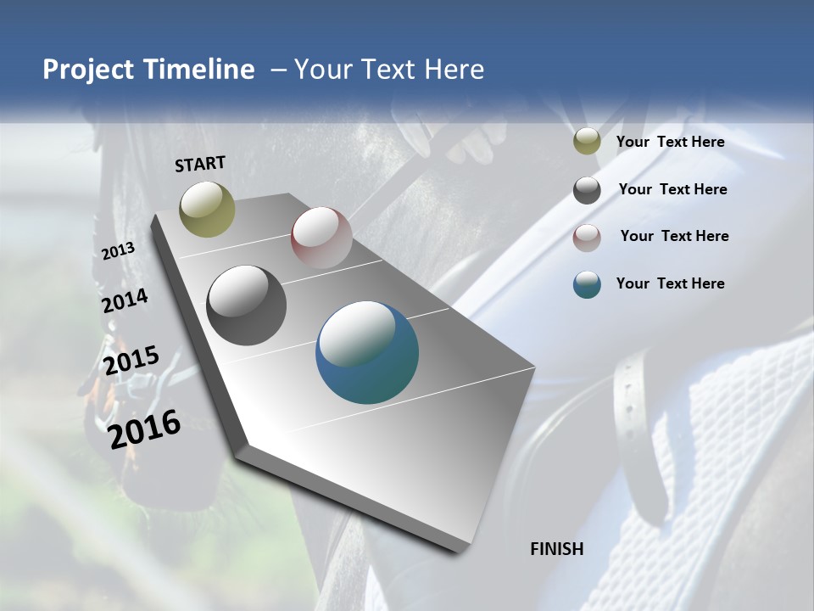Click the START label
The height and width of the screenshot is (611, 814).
pos(200,164)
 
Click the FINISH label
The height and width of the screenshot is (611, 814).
pos(557,549)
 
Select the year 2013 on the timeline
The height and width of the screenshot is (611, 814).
pos(119,251)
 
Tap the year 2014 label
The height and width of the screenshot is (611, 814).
pos(125,301)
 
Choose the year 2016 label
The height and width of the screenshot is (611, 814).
pos(145,429)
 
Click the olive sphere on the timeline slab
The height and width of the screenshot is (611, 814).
pos(207,209)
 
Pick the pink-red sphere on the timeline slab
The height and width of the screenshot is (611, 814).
pos(321,238)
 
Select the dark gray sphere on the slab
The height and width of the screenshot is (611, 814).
pos(247,305)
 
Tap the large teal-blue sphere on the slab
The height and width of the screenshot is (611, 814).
pos(367,352)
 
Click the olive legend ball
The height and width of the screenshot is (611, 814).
pos(587,142)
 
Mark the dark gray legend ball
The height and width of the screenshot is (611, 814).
pos(587,190)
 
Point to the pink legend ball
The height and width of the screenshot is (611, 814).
pos(587,238)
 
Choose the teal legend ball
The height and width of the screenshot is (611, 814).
pos(587,284)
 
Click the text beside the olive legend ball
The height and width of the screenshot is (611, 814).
pos(670,142)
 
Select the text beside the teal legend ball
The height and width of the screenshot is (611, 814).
pos(670,283)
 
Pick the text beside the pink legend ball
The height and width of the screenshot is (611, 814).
pos(674,236)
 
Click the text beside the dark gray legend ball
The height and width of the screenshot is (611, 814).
pos(672,189)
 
